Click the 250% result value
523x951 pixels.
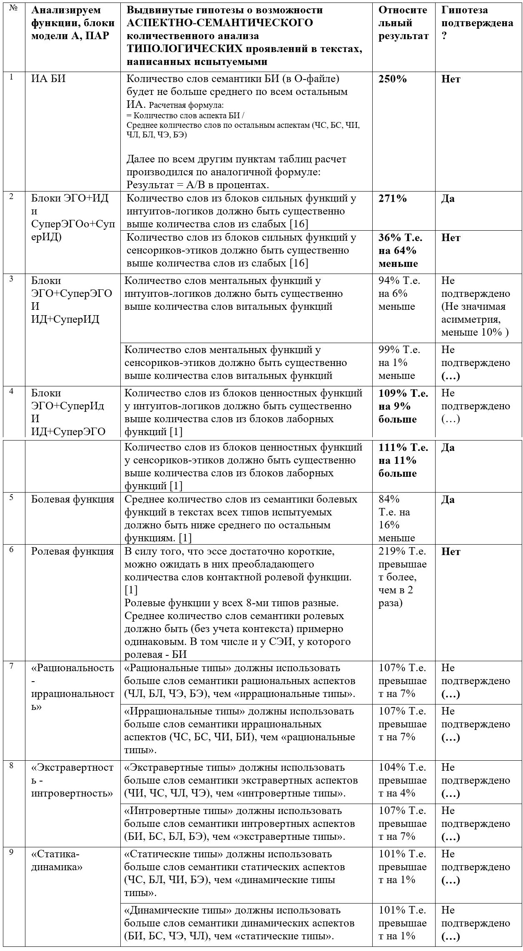(x=392, y=79)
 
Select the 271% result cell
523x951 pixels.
(x=392, y=199)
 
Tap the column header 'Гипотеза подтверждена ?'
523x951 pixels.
(x=477, y=23)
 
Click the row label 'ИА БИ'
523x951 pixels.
(x=48, y=79)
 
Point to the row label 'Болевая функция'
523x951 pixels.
(x=72, y=499)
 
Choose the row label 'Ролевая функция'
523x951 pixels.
(x=72, y=551)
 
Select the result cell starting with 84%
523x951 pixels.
(x=397, y=518)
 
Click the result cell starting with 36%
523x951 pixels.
(x=400, y=251)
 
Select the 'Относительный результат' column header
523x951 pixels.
(x=403, y=23)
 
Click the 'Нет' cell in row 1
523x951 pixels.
(x=451, y=79)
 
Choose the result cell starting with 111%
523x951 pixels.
(x=403, y=461)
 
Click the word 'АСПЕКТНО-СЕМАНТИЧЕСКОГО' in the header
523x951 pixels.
(x=219, y=23)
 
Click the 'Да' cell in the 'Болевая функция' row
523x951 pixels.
(x=448, y=499)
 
